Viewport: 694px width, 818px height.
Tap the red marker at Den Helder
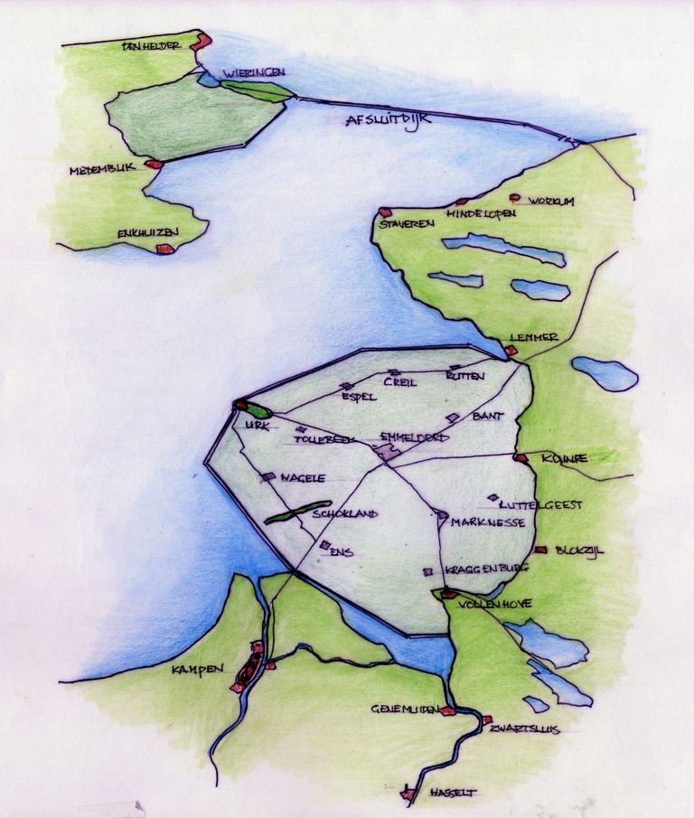tap(202, 40)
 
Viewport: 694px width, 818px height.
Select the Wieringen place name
tap(255, 72)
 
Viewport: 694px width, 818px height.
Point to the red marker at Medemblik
tap(155, 165)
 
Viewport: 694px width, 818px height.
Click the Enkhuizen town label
tap(148, 233)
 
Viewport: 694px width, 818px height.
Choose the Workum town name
tap(551, 201)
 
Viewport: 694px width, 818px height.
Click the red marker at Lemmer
tap(511, 350)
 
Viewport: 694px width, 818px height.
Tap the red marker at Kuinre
tap(520, 458)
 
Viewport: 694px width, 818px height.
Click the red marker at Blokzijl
tap(540, 550)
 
